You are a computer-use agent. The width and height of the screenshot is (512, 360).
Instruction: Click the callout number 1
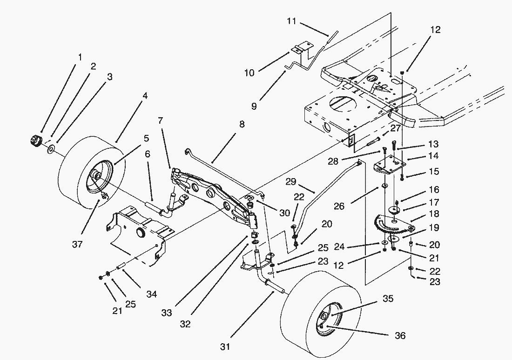(80, 57)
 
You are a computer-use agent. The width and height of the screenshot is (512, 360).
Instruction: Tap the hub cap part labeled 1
(36, 140)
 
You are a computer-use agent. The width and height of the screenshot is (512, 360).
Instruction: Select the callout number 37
(77, 244)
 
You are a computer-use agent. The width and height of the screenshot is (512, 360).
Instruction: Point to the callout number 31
(225, 347)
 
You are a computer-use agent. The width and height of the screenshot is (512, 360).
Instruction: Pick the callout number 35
(388, 299)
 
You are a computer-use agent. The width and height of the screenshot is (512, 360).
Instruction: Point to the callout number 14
(434, 156)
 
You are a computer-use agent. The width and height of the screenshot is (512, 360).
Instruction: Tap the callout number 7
(161, 120)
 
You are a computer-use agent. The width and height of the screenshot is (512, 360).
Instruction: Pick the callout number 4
(145, 97)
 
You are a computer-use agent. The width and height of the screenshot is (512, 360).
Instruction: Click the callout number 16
(434, 190)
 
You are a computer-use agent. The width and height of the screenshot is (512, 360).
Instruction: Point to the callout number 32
(185, 324)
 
